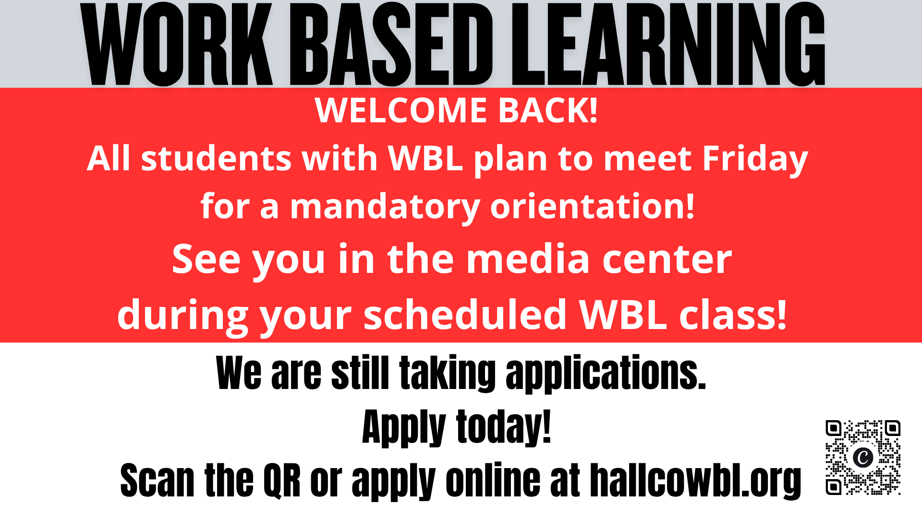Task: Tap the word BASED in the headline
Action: tap(391, 44)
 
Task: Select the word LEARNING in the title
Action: tap(668, 44)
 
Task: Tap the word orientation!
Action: tap(592, 206)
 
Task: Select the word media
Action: tap(528, 259)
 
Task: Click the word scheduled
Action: tap(465, 315)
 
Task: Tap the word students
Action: tap(216, 159)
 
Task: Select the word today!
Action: tap(503, 427)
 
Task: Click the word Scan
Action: tap(157, 480)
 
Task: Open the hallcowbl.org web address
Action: tap(695, 481)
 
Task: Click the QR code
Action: tap(863, 458)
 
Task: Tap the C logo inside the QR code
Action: tap(863, 457)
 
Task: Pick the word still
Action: tap(360, 373)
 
